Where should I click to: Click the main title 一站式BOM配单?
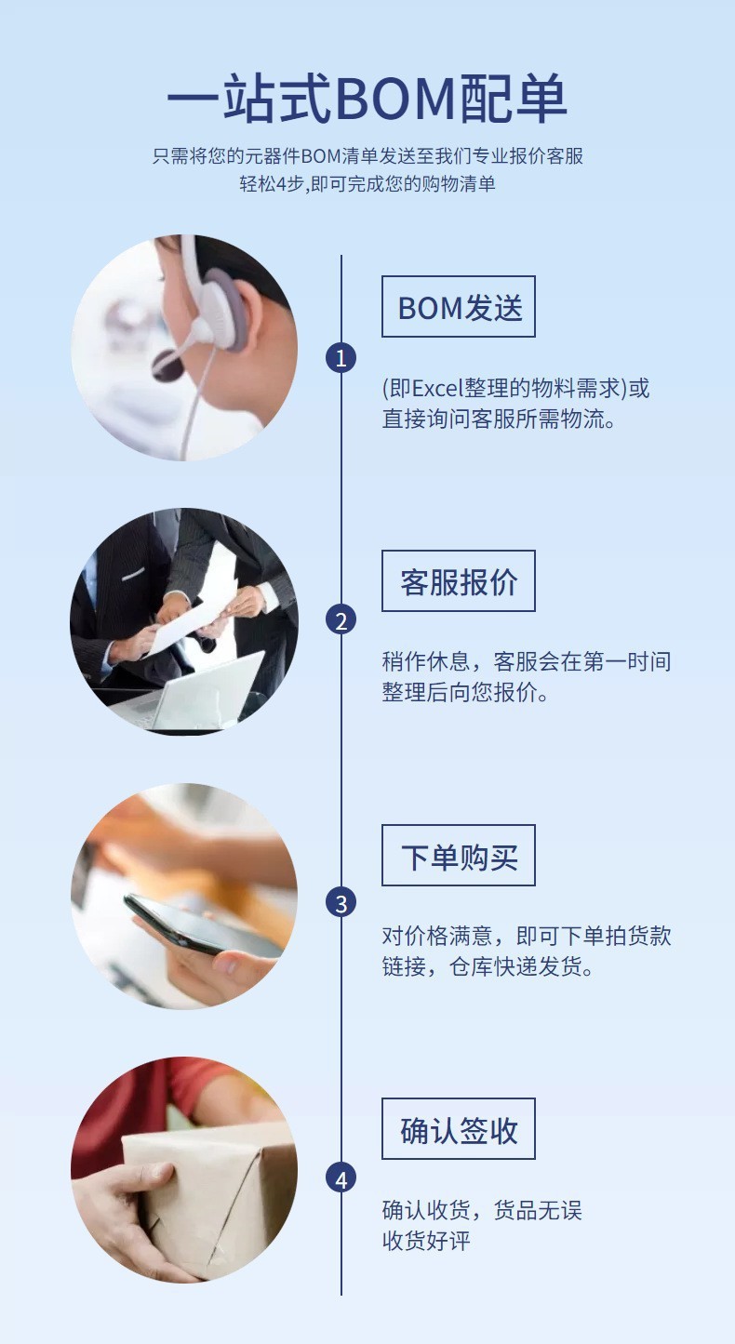click(367, 100)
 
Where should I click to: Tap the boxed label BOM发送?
click(459, 307)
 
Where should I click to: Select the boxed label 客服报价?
click(459, 581)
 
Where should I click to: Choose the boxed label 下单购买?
click(459, 856)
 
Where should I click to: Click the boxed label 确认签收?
click(459, 1129)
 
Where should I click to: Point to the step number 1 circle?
click(341, 358)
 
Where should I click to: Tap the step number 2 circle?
click(341, 620)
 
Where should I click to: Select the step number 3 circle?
click(341, 902)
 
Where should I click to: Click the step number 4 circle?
click(341, 1179)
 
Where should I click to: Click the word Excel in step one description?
click(439, 389)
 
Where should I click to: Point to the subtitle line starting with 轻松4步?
click(367, 184)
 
